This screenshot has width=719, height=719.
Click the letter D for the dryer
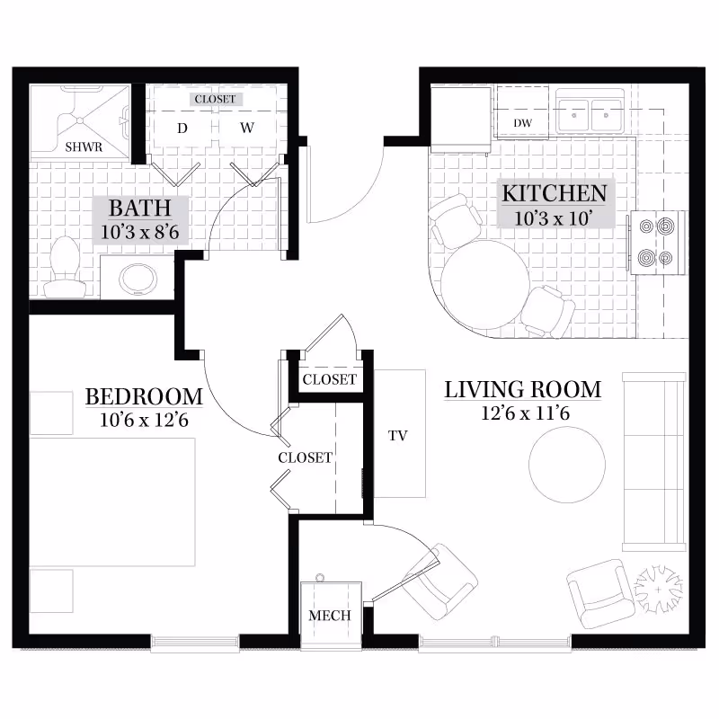point(182,129)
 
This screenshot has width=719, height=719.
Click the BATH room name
point(139,209)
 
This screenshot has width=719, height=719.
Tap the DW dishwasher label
point(521,122)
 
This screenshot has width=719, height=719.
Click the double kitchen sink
point(592,115)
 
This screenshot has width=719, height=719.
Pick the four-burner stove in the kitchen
point(655,243)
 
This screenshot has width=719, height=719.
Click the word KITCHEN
point(554,192)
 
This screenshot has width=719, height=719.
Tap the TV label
point(398,436)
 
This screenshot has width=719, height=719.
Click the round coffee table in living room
point(566,464)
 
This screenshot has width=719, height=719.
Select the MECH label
point(330,616)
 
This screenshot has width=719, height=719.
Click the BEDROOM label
point(144,396)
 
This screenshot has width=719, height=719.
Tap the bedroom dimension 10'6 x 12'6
point(144,418)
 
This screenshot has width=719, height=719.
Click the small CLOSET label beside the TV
point(329,379)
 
